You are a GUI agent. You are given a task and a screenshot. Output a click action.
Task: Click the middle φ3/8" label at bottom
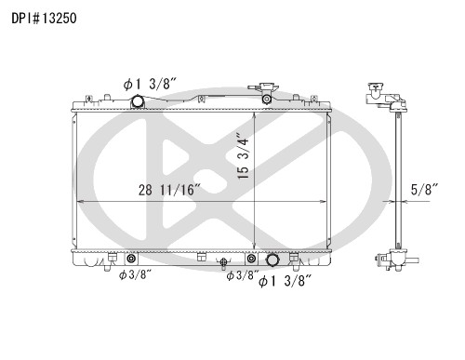point(245,274)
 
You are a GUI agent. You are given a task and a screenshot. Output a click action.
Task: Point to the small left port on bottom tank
point(130,259)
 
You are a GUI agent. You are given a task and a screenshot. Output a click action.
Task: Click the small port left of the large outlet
point(252,259)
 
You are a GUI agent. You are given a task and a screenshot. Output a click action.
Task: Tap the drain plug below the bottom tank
point(225,266)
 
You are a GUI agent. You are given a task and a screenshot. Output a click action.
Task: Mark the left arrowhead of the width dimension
point(76,201)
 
